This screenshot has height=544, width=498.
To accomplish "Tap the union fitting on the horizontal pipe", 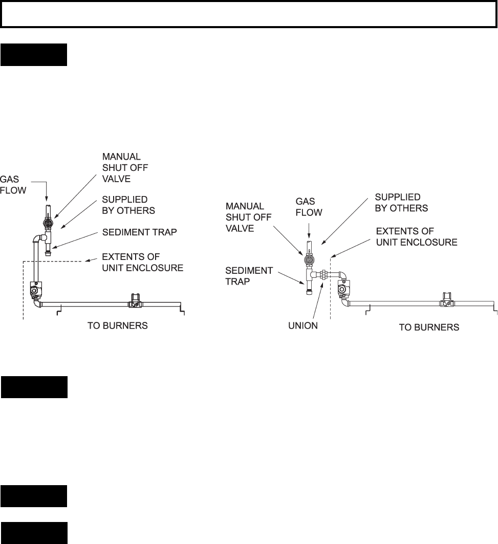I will (x=323, y=274).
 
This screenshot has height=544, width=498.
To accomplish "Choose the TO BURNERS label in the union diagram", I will (x=429, y=327).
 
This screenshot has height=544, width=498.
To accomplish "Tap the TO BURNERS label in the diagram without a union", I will (x=118, y=325).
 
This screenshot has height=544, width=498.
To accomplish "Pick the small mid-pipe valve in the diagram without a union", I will (x=134, y=301).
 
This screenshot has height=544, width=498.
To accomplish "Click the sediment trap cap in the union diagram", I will (x=309, y=292).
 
